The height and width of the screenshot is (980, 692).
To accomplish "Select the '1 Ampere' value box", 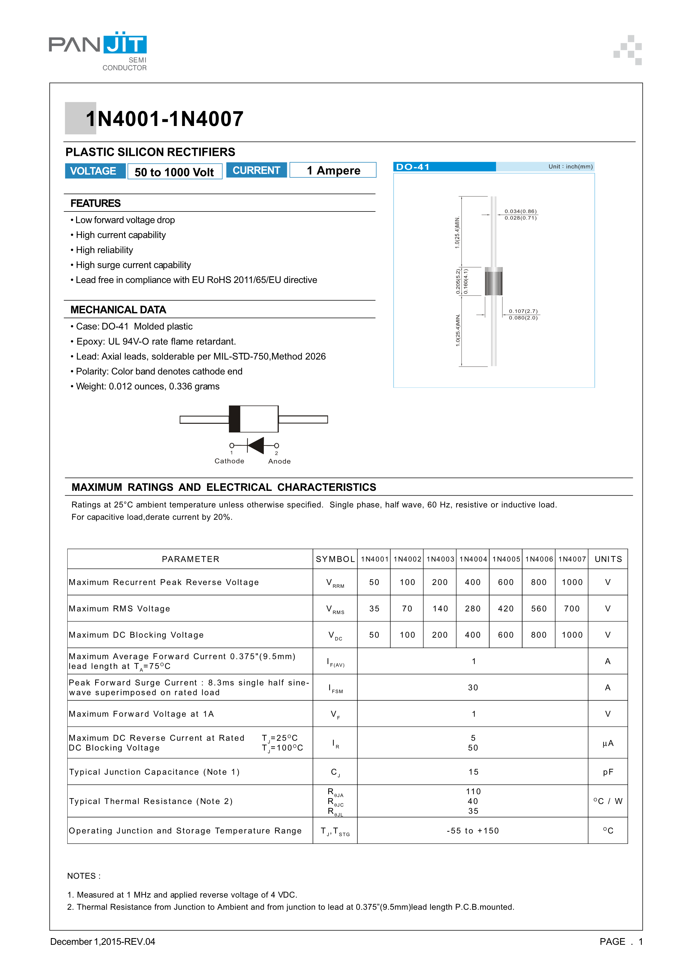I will [333, 170].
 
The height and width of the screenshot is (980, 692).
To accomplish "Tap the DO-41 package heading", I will [413, 167].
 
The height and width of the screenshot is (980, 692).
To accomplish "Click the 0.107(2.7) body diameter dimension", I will [523, 311].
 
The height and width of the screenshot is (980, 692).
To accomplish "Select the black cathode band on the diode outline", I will [234, 419].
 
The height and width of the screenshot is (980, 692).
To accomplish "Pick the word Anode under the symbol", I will [279, 462].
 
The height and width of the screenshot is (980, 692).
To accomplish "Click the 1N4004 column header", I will [473, 559].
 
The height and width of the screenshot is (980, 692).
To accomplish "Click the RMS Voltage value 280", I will [473, 609].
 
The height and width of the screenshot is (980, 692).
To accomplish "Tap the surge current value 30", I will [473, 688].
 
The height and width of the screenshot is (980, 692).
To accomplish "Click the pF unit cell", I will [608, 772].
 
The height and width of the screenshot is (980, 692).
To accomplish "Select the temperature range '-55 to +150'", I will [473, 831].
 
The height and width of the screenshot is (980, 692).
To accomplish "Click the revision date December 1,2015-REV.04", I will [103, 941].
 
